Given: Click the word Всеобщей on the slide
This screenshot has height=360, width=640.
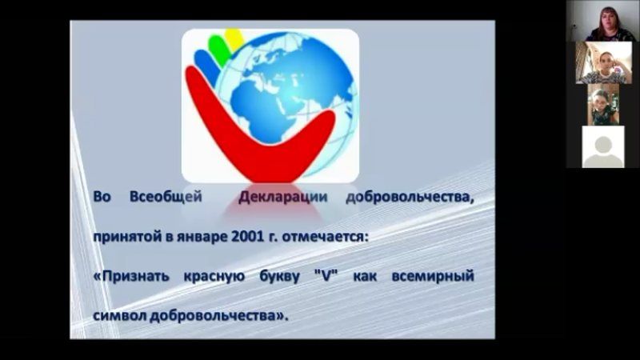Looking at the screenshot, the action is point(166,197).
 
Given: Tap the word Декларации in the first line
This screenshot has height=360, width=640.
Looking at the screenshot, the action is point(283,197).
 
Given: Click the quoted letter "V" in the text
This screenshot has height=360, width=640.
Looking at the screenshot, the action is point(326,276).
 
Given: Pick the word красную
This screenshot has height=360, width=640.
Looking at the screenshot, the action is point(214,277).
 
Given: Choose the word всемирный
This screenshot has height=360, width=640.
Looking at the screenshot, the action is point(433,276).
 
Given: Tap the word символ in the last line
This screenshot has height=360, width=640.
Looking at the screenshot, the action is point(119,316).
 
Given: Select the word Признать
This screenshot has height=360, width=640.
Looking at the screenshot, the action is point(131,276).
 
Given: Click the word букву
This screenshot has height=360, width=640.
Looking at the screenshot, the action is point(279,277).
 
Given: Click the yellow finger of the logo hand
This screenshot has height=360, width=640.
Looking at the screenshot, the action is point(234,37).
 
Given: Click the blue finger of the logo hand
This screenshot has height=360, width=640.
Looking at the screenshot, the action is point(207,66).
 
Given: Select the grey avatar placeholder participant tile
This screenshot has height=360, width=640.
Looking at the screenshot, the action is point(603,146).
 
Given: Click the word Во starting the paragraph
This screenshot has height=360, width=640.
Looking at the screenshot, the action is point(102,197).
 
